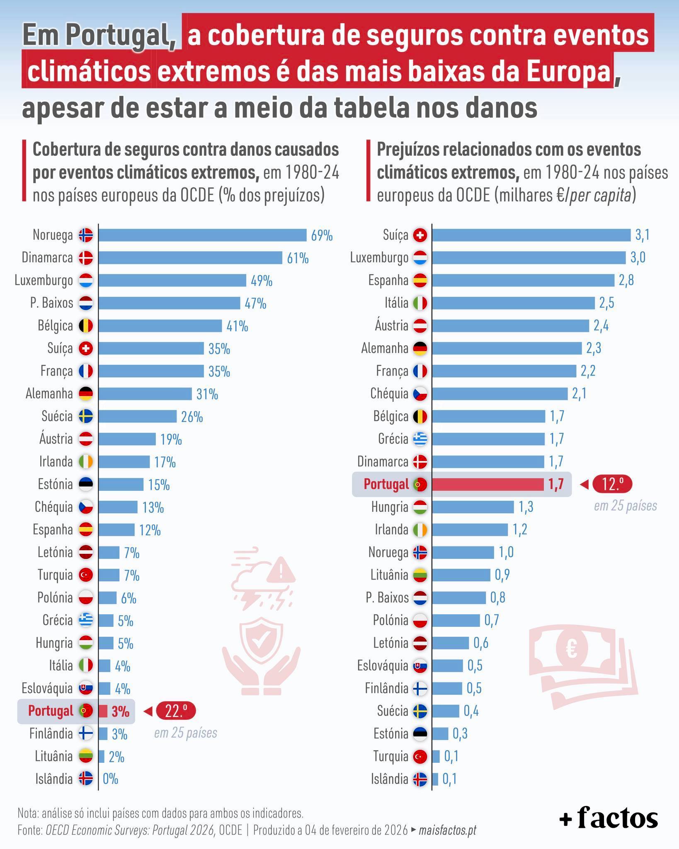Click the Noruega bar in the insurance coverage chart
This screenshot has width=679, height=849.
coord(202,235)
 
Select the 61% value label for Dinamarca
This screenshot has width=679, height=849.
coord(298,258)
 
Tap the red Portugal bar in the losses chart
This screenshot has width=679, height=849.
coord(487,484)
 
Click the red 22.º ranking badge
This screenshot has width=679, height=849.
coord(175,711)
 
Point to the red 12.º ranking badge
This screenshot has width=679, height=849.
coord(612,484)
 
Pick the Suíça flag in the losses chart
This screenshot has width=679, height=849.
coord(420,235)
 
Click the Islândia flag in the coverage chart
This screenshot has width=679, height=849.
coord(86,779)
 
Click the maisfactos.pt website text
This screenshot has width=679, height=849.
coord(447,830)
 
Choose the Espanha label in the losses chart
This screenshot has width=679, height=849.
coord(388,281)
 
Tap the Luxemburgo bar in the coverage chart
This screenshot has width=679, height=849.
coord(172,281)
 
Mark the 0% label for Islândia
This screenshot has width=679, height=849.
coord(110,779)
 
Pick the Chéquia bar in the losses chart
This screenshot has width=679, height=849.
coord(500,394)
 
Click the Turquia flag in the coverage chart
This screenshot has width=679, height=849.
coord(86,575)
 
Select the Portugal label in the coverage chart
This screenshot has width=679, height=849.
coord(51,711)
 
